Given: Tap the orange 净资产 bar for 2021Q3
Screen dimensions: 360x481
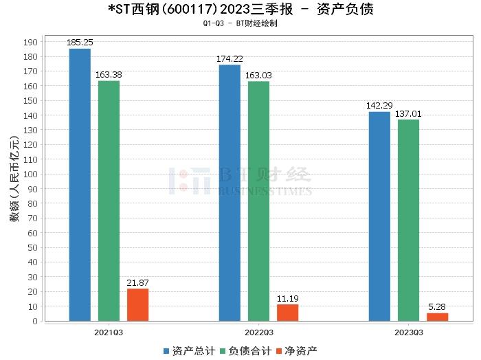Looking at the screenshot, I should [x=137, y=304].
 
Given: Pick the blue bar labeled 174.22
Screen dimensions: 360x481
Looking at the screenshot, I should [x=230, y=192].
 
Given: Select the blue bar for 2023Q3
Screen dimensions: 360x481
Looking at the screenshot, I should [x=379, y=216].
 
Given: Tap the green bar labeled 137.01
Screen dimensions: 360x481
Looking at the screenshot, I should [x=408, y=220].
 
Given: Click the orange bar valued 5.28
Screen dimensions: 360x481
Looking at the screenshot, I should [x=437, y=317].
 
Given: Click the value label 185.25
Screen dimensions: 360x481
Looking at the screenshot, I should [x=80, y=43].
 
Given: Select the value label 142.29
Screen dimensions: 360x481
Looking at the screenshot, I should [x=379, y=106].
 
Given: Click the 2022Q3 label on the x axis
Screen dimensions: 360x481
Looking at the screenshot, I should [x=258, y=332].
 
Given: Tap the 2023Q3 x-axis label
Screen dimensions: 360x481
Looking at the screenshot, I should [x=408, y=332].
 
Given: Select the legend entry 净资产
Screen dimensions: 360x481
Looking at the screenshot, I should [x=297, y=351].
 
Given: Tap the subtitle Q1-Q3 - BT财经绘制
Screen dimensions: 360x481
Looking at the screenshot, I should [x=240, y=23].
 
